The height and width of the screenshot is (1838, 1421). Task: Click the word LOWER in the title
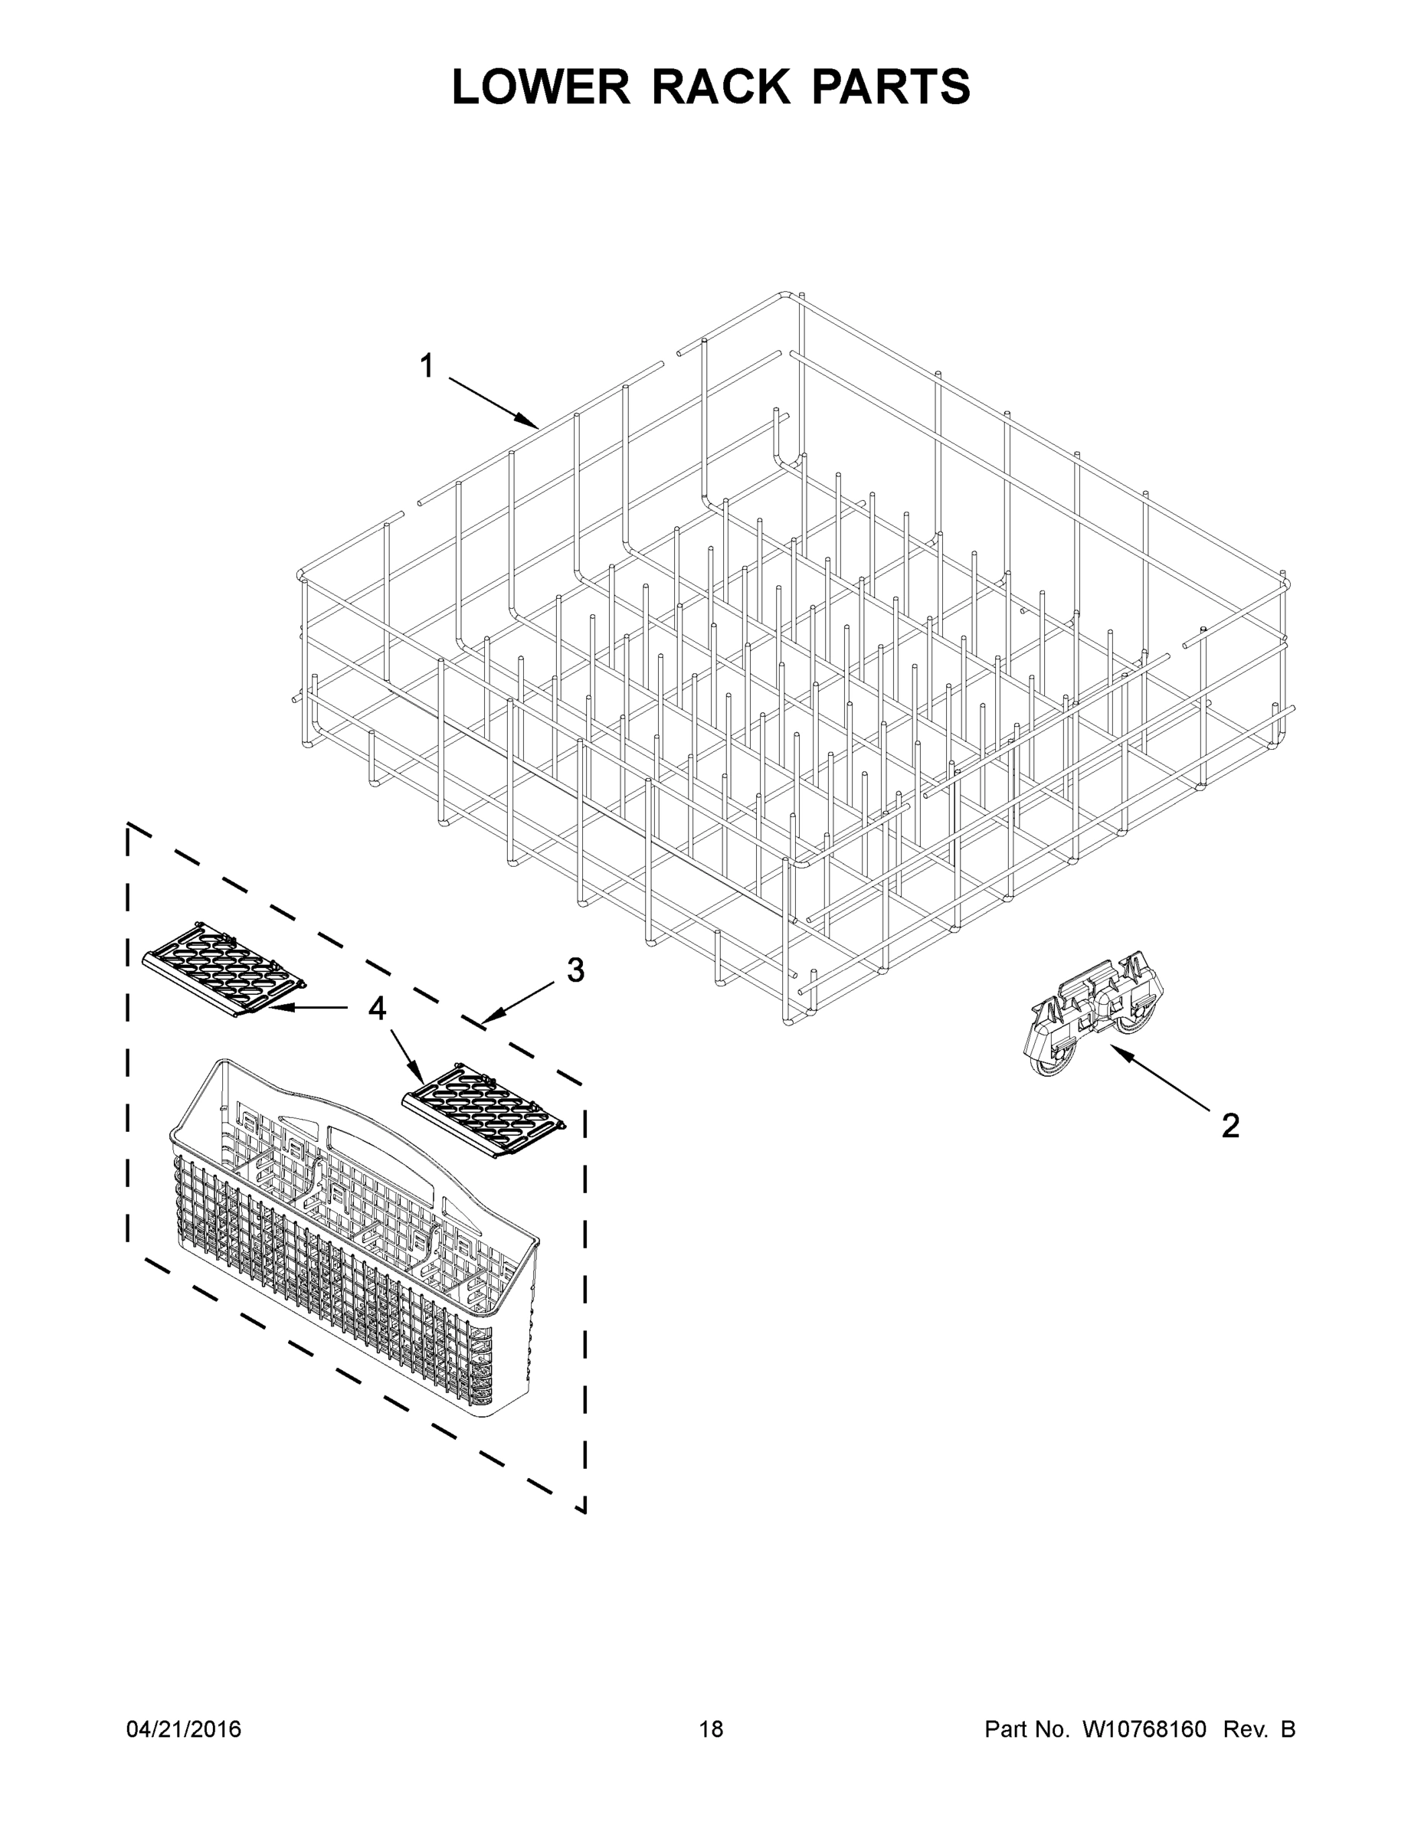541,87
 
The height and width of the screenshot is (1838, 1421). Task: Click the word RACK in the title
722,87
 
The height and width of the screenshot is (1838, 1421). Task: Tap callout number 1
427,367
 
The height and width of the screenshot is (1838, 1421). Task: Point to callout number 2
1230,1126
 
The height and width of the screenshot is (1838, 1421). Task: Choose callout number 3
575,970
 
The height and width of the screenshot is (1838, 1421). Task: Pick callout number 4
377,1007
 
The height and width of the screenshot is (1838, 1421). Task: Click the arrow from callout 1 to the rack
493,403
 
